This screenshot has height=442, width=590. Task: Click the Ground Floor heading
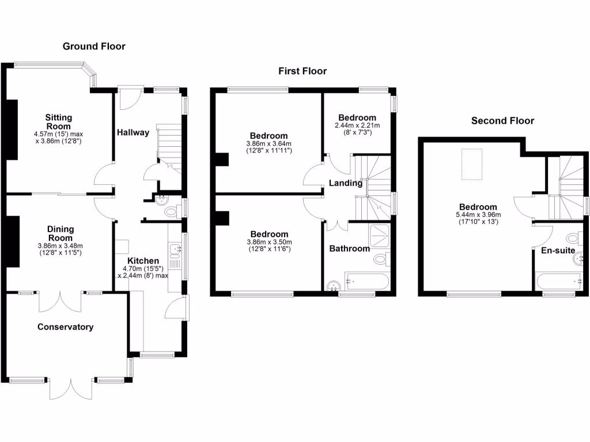(x=94, y=46)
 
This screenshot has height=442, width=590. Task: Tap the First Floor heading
(x=302, y=71)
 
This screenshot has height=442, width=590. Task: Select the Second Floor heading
(x=502, y=121)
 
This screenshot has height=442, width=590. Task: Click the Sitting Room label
(x=59, y=122)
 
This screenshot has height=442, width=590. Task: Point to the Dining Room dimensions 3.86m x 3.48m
(x=60, y=246)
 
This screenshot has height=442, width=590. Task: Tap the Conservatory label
(x=66, y=327)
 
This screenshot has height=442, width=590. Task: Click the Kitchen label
(x=143, y=261)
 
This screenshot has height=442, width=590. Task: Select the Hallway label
(x=133, y=132)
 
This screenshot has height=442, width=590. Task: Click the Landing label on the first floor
(x=346, y=183)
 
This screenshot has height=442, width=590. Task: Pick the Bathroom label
(x=349, y=249)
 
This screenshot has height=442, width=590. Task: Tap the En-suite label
(x=558, y=250)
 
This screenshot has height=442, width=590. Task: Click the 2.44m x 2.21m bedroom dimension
(x=357, y=125)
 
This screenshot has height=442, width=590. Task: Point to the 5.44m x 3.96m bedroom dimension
(x=478, y=215)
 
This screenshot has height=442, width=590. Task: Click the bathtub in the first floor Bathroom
(x=367, y=281)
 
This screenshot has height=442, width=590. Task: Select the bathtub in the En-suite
(x=559, y=281)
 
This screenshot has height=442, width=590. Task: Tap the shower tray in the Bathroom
(x=379, y=235)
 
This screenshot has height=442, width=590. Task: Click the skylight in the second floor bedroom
(x=472, y=164)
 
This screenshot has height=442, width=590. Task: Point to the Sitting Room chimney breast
(x=12, y=129)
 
